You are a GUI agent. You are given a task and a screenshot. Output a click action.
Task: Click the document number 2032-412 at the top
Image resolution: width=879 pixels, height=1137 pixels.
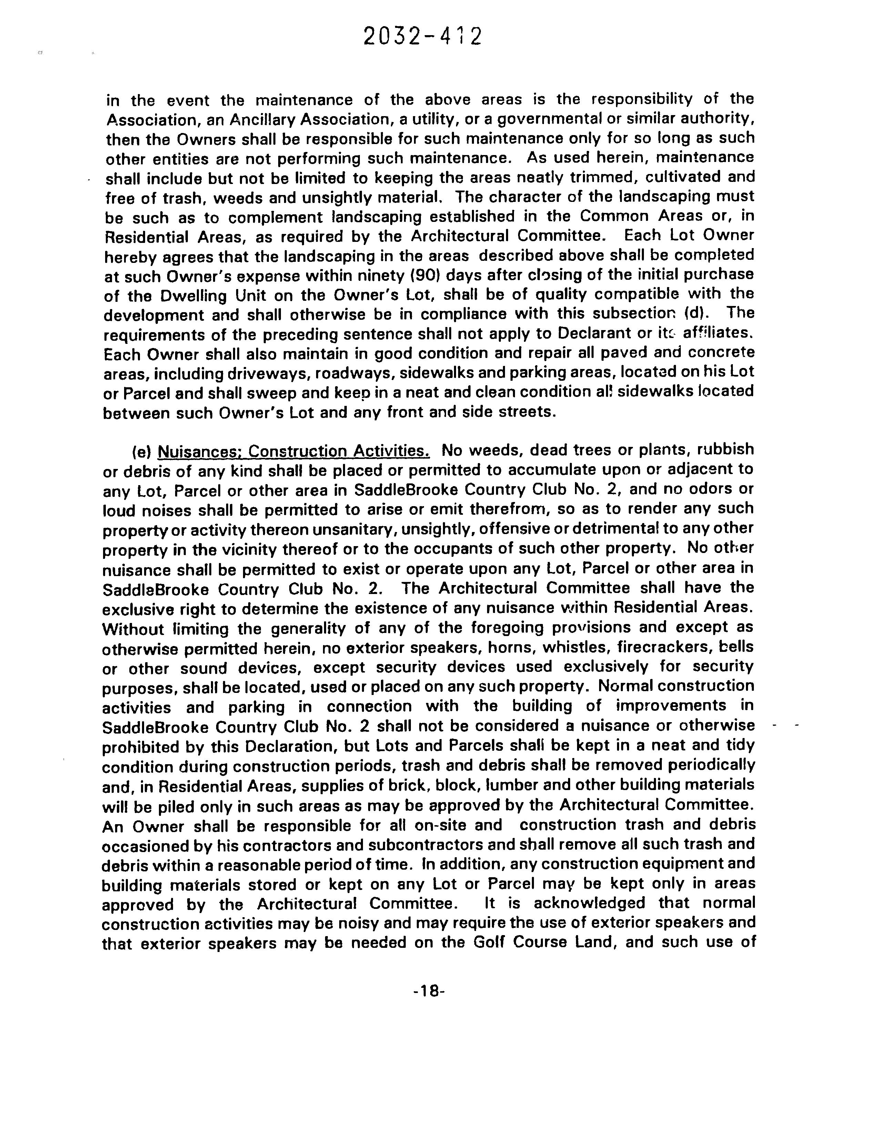tap(422, 37)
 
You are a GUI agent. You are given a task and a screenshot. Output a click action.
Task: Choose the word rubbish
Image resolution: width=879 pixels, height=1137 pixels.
tap(725, 450)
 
